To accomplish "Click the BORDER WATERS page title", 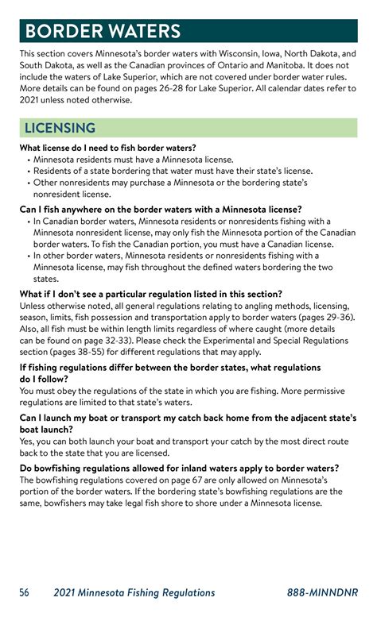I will tap(103, 31).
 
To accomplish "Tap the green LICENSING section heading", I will tap(60, 128).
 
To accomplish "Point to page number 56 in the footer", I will tap(25, 592).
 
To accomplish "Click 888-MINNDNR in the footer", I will tap(323, 592).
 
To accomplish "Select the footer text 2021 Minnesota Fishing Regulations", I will tap(134, 592).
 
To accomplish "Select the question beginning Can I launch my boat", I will tap(188, 417).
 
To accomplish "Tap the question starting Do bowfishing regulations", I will tap(179, 469).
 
